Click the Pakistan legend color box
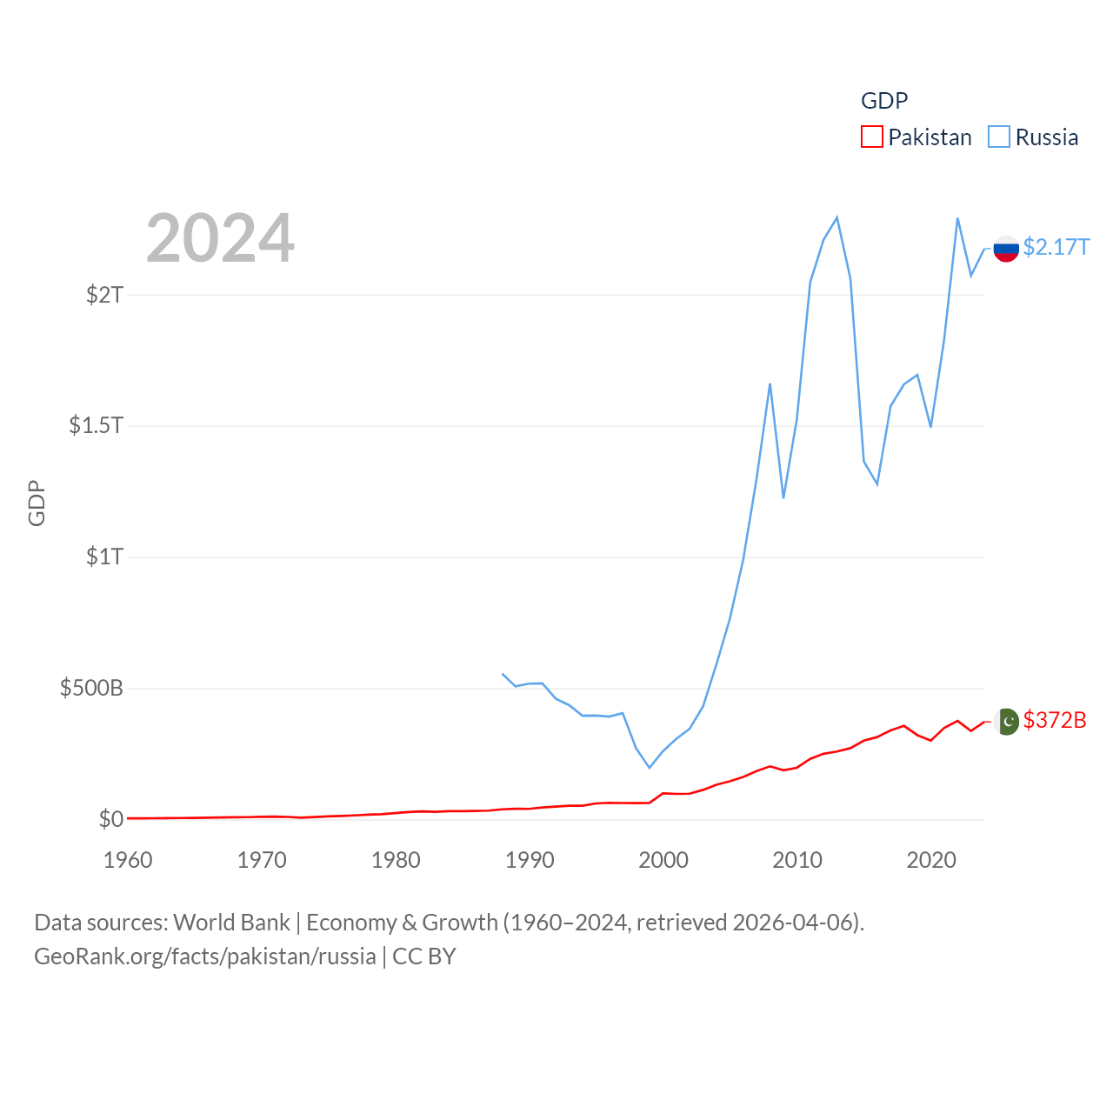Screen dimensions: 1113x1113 [x=871, y=137]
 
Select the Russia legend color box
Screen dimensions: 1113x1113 [x=999, y=137]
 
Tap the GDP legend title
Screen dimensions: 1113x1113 [x=884, y=101]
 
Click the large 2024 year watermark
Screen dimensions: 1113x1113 [x=220, y=238]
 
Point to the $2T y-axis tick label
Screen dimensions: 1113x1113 [x=105, y=295]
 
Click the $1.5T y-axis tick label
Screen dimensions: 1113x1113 [x=97, y=425]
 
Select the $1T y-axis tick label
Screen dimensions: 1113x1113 [x=105, y=556]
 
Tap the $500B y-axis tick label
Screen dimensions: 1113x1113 [x=91, y=688]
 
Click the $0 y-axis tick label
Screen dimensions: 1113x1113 [x=111, y=819]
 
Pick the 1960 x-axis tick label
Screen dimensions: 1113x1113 [x=128, y=860]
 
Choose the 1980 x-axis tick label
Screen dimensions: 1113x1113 [x=396, y=860]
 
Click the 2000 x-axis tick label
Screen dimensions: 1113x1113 [x=663, y=860]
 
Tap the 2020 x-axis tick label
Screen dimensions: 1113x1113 [x=931, y=860]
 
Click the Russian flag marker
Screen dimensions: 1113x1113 [x=1006, y=249]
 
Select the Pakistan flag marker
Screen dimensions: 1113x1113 [x=1006, y=722]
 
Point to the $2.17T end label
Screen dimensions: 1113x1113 [x=1056, y=248]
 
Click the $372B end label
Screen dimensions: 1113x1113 [x=1055, y=720]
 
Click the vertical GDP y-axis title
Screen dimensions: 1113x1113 [x=37, y=503]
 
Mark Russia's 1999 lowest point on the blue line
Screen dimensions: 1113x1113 [x=650, y=767]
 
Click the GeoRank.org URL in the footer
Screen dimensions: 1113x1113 [x=205, y=956]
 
